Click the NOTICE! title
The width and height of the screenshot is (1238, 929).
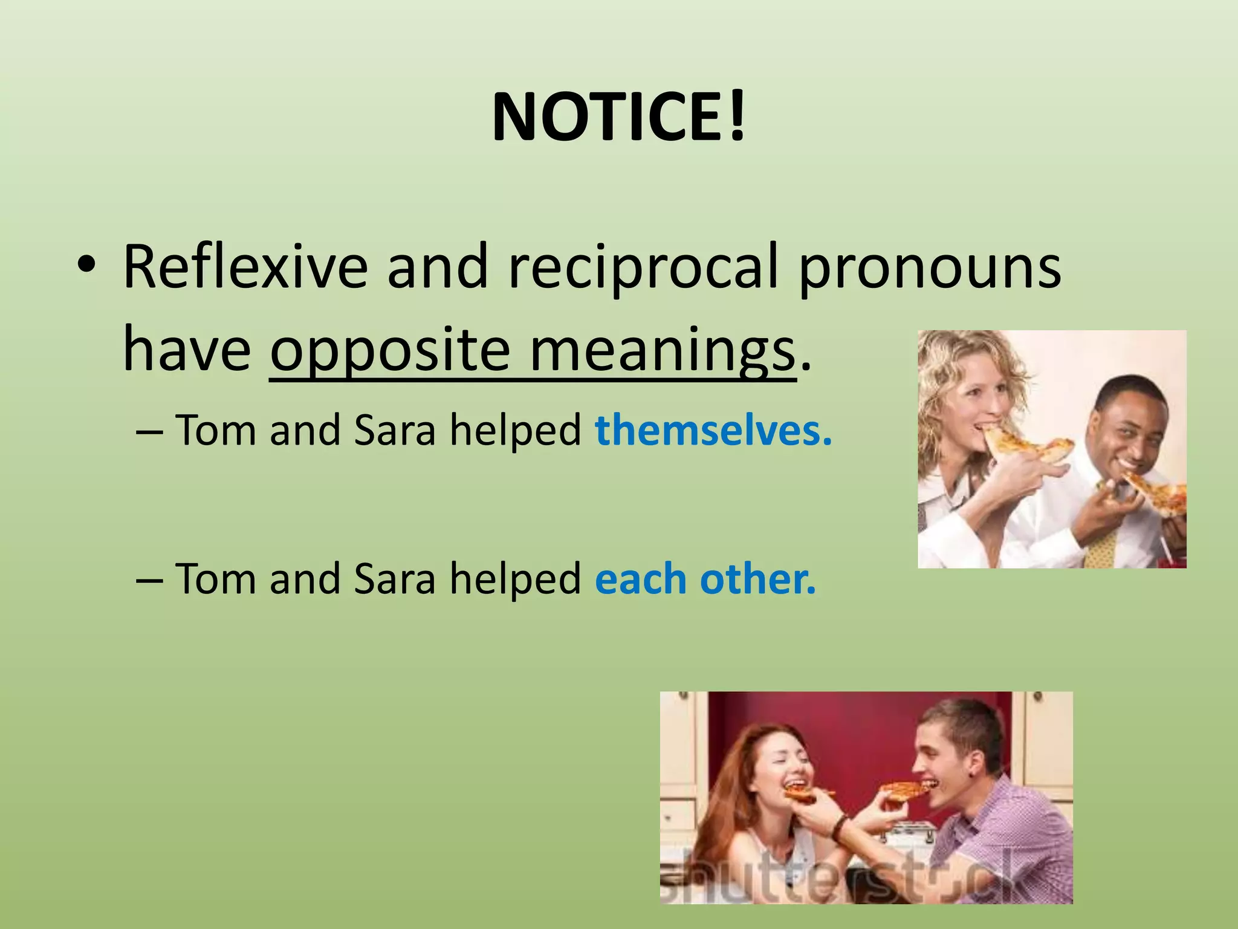[619, 118]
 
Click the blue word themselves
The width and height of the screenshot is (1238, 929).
[713, 431]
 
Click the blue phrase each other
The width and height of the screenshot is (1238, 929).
[705, 579]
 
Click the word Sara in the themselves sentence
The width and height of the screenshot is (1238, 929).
[394, 431]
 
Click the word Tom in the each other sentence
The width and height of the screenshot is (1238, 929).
[215, 579]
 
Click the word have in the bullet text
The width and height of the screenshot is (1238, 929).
[187, 351]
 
